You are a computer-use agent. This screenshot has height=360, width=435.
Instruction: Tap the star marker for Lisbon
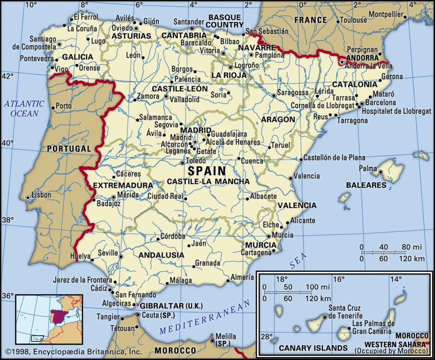28,197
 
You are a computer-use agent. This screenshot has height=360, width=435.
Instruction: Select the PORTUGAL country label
69,149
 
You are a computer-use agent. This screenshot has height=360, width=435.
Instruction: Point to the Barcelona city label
381,103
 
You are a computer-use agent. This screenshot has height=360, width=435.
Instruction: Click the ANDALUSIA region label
161,255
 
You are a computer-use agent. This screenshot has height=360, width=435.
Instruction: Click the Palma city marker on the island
381,172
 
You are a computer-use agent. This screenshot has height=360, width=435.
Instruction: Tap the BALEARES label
366,185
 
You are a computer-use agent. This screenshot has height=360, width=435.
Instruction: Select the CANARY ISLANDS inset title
313,348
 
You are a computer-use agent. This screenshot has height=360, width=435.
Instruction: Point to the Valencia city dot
291,178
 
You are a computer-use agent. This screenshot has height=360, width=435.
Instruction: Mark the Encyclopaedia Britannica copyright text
73,352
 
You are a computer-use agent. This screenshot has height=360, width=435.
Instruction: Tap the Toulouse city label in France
353,20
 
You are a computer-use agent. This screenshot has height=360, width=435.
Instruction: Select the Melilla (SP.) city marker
212,339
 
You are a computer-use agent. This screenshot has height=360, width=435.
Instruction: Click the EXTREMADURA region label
123,186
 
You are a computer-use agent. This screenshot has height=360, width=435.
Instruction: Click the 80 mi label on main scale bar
412,247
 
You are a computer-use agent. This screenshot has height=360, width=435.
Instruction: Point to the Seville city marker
121,256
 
